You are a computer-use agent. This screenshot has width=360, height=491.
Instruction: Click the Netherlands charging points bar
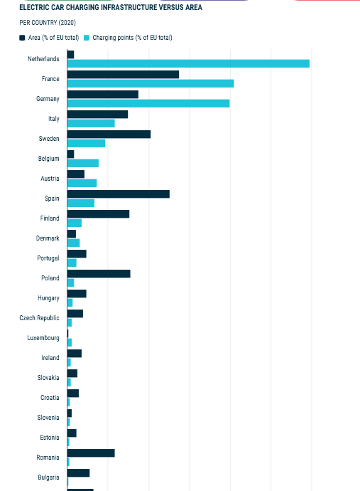188,63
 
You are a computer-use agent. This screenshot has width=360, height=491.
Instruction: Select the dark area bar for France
123,75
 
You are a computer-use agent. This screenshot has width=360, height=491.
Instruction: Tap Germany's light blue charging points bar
148,103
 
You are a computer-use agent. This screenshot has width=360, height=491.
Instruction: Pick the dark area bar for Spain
119,194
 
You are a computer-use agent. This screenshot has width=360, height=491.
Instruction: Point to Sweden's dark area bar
109,134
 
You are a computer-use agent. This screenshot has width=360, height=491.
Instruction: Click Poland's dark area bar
99,274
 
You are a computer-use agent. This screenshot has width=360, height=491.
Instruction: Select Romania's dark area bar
91,453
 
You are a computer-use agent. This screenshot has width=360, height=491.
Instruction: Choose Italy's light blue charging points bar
91,123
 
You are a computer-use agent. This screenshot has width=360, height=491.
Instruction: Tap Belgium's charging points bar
83,163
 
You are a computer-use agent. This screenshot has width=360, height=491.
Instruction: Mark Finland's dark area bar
99,214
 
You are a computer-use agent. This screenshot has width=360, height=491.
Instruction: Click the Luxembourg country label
43,338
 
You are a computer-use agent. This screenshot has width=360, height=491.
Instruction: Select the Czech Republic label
39,318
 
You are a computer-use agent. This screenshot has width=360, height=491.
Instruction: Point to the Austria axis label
50,179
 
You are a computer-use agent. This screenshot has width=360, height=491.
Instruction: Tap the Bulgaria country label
48,477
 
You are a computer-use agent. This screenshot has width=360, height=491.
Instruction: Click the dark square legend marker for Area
22,38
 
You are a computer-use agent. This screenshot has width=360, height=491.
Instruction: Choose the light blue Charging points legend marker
87,38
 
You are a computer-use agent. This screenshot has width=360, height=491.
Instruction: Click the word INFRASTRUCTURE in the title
130,7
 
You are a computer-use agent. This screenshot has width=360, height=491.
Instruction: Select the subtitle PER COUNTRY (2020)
48,23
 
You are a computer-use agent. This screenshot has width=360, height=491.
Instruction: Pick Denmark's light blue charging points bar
73,243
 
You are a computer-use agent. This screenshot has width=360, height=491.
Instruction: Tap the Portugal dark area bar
77,254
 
